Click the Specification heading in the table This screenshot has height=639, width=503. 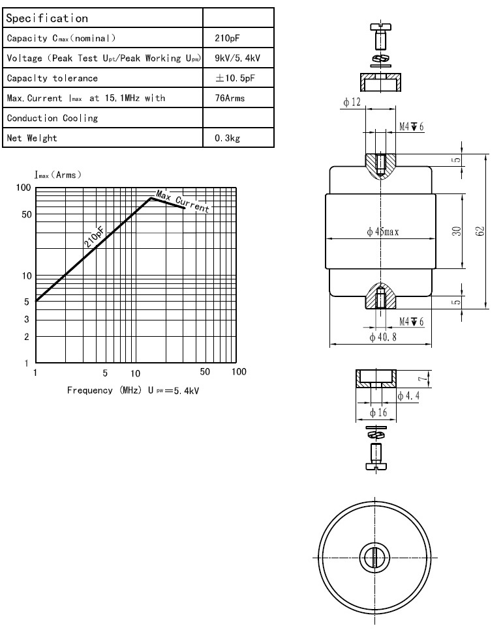pyautogui.click(x=47, y=18)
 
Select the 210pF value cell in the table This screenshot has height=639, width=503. pyautogui.click(x=224, y=38)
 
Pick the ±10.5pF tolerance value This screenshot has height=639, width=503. pyautogui.click(x=234, y=78)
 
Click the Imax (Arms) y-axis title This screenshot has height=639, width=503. pyautogui.click(x=58, y=175)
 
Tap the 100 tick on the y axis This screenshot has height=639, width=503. pyautogui.click(x=24, y=188)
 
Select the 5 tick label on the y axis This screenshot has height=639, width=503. pyautogui.click(x=27, y=302)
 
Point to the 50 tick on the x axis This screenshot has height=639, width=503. pyautogui.click(x=205, y=372)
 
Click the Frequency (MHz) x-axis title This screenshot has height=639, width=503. pyautogui.click(x=100, y=390)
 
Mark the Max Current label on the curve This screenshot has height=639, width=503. pyautogui.click(x=183, y=203)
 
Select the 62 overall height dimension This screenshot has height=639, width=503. pyautogui.click(x=480, y=231)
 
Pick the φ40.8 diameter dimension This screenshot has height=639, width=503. pyautogui.click(x=383, y=337)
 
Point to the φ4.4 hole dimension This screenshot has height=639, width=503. pyautogui.click(x=409, y=396)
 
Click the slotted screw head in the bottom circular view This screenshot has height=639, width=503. pyautogui.click(x=374, y=558)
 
